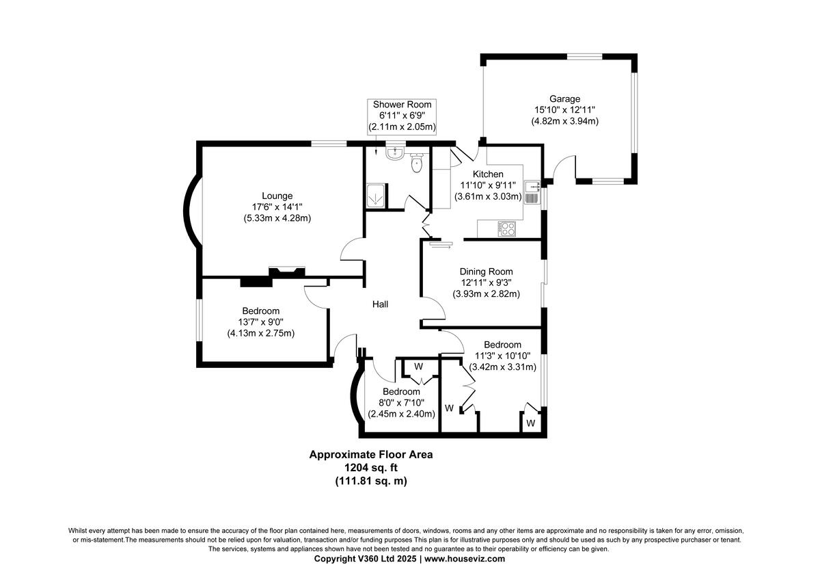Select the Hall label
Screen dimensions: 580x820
(380, 304)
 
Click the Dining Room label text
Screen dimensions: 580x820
(486, 272)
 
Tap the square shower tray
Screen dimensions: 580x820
(375, 196)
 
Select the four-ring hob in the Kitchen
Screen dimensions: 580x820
(508, 228)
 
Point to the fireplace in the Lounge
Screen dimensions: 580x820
(286, 272)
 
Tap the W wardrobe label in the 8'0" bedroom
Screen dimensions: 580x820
(419, 367)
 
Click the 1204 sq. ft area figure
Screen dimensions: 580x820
(370, 468)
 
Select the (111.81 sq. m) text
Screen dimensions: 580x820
(370, 481)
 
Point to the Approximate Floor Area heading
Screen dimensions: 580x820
(370, 454)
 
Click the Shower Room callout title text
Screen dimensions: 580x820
(402, 105)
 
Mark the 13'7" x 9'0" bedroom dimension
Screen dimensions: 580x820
(260, 322)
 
